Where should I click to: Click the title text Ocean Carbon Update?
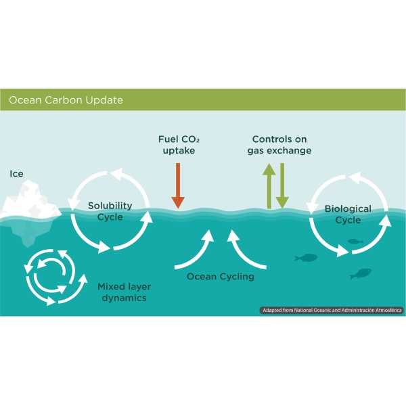point(66,100)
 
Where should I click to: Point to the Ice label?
point(16,174)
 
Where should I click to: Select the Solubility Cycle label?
point(110,210)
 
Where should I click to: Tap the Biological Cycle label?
point(348,214)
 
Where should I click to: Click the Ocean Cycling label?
point(220,276)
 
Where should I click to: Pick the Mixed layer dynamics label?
point(122,292)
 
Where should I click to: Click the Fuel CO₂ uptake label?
point(179,145)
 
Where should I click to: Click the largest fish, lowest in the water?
point(361,273)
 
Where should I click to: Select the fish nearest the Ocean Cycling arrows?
point(307,257)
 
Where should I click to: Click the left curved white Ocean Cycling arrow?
point(192,250)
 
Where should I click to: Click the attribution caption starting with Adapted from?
point(331,310)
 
